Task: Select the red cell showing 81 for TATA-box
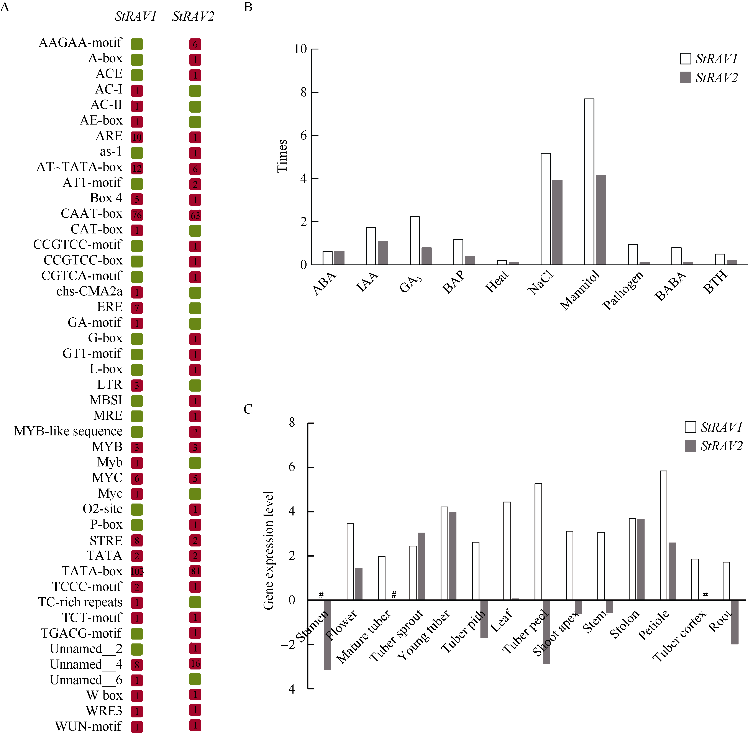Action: coord(195,571)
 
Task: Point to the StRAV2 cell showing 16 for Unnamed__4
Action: coord(195,664)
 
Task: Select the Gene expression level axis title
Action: coord(268,550)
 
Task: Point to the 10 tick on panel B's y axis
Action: coord(300,49)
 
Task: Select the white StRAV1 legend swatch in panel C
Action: coord(690,427)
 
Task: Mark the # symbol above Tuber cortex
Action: coord(705,594)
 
